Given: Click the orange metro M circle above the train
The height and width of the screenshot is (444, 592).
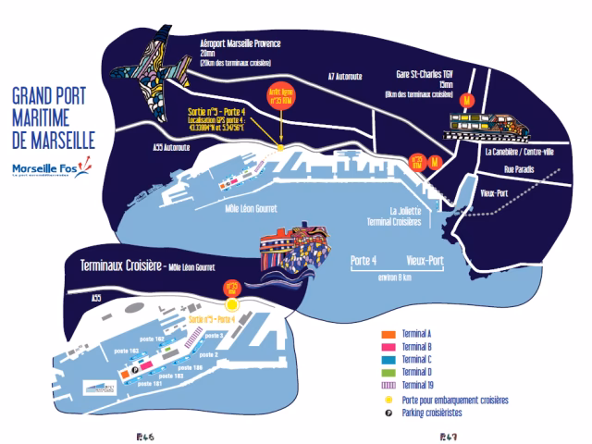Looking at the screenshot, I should point(468,97).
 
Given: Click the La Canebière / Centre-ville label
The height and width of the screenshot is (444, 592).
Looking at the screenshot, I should point(524,150).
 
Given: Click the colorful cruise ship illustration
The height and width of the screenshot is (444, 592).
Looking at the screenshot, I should point(292,248).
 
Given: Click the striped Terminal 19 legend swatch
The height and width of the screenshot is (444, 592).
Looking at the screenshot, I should point(389,386).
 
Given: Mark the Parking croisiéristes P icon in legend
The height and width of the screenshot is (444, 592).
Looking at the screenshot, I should point(389,413).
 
